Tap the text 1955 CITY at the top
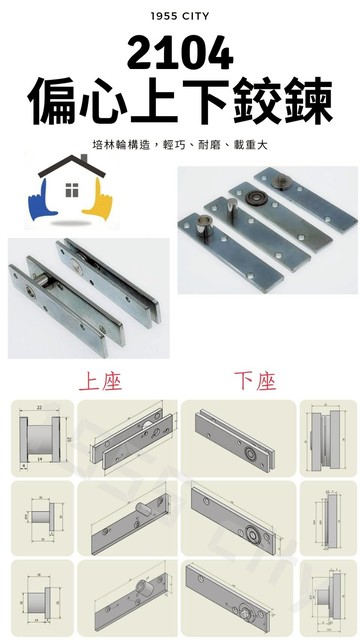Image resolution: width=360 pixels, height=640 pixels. click(180, 17)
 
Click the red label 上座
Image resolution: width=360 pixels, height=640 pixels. click(100, 381)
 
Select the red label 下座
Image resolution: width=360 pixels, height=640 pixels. click(255, 381)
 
